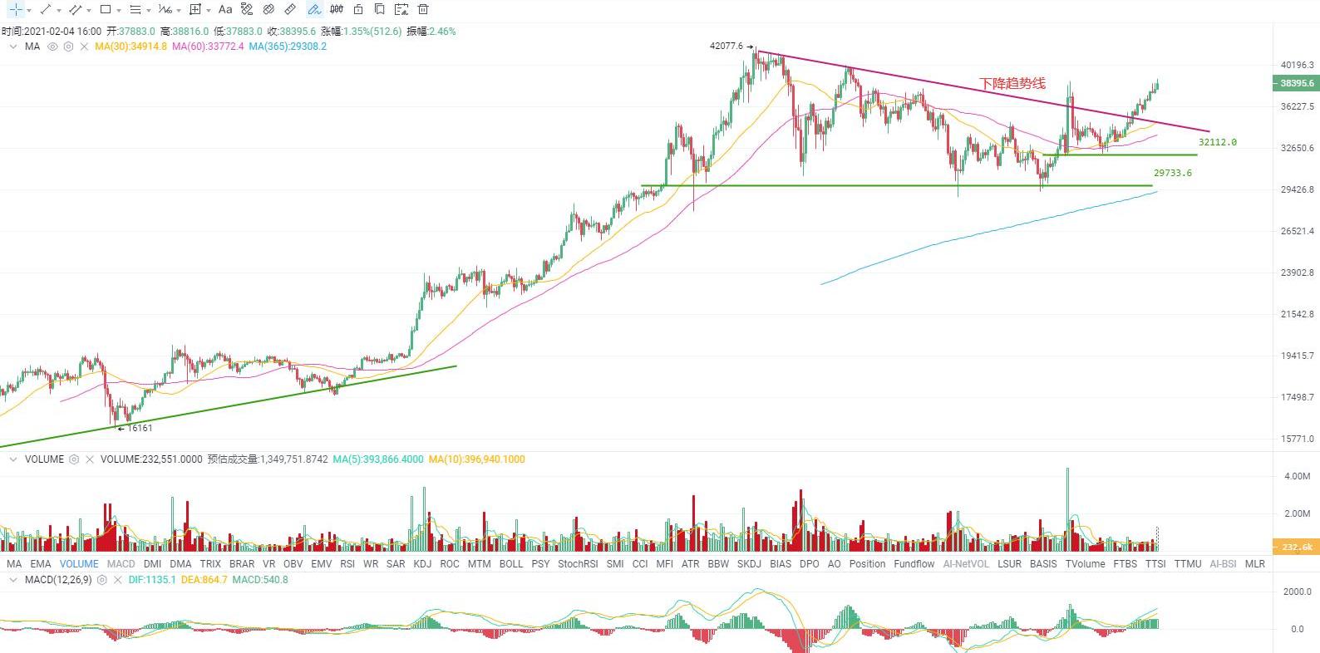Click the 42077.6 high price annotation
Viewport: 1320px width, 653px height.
pyautogui.click(x=726, y=47)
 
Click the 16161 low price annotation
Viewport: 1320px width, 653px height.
pyautogui.click(x=140, y=429)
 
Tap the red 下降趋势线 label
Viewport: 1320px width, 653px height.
pyautogui.click(x=1012, y=84)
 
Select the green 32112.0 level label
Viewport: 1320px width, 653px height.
pyautogui.click(x=1217, y=143)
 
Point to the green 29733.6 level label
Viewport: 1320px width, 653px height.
pyautogui.click(x=1172, y=174)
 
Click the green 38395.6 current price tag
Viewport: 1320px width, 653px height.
pyautogui.click(x=1296, y=83)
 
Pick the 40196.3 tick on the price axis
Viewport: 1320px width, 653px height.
pyautogui.click(x=1298, y=65)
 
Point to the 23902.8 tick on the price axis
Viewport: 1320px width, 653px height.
pyautogui.click(x=1298, y=272)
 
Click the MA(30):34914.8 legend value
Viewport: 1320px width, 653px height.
pyautogui.click(x=131, y=47)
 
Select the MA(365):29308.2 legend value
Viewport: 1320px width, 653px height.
pyautogui.click(x=288, y=47)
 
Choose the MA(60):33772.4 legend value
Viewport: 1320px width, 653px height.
pyautogui.click(x=208, y=47)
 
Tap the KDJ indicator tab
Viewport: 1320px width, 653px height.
pyautogui.click(x=422, y=564)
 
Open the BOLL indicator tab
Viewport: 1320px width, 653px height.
pyautogui.click(x=511, y=564)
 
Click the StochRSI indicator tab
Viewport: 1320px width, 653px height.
pyautogui.click(x=578, y=564)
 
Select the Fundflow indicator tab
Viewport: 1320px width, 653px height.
pyautogui.click(x=914, y=564)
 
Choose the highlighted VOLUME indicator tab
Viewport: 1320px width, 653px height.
pyautogui.click(x=79, y=564)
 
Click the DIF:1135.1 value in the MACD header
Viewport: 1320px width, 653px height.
pyautogui.click(x=152, y=580)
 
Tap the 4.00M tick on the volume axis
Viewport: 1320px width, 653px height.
pyautogui.click(x=1298, y=477)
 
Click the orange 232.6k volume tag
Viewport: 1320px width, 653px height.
pyautogui.click(x=1296, y=547)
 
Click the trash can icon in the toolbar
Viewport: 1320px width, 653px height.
pyautogui.click(x=423, y=10)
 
